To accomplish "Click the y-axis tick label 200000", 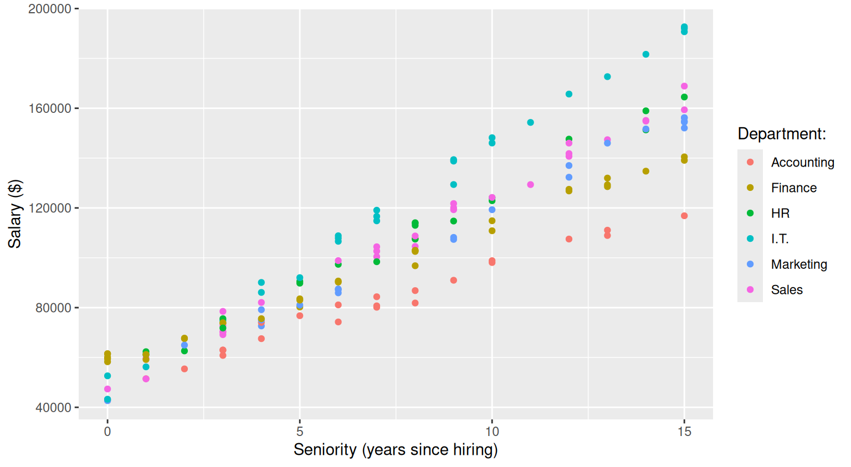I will (50, 9).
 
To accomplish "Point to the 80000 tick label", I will (53, 308).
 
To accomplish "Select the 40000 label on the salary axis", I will (53, 407).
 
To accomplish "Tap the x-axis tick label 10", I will (491, 432).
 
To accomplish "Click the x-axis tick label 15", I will (684, 432).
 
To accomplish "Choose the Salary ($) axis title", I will (15, 214).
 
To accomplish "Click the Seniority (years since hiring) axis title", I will (396, 450).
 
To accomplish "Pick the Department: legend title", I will (782, 134).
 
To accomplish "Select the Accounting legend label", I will (802, 162).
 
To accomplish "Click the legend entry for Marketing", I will (799, 264).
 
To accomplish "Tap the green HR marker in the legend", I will (750, 213).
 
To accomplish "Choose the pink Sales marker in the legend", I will (750, 289).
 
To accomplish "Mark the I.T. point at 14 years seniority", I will (646, 54).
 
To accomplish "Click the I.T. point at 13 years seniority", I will (607, 77).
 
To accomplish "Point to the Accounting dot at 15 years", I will (684, 216).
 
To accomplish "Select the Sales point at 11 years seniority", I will (530, 185).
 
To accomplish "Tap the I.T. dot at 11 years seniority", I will (530, 122).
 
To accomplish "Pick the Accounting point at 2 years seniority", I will (184, 369).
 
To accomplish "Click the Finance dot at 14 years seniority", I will (646, 172).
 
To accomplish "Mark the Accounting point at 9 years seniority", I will (454, 281).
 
